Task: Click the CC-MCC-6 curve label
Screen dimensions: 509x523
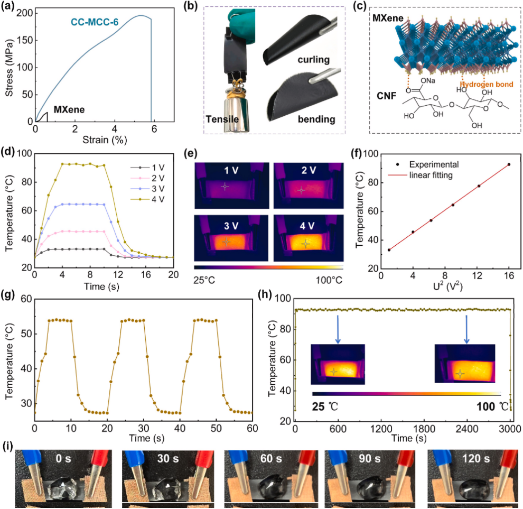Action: point(97,23)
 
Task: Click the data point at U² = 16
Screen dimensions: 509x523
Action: point(509,164)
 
